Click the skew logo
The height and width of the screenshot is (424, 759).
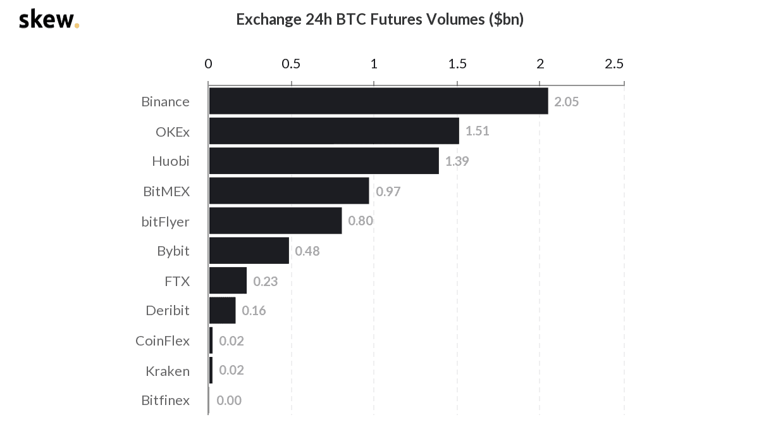pos(49,20)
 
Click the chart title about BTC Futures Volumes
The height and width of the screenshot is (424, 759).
pos(379,20)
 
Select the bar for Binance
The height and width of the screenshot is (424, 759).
pos(378,101)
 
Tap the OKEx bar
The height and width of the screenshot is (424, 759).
pos(334,131)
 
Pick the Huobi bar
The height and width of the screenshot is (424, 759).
pos(324,161)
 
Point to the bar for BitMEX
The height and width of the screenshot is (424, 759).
pos(289,190)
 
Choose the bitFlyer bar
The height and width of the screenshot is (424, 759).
pos(275,221)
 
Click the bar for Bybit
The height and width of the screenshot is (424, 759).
pos(249,251)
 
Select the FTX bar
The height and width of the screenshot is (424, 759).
pos(228,281)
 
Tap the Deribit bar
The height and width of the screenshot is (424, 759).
pos(222,311)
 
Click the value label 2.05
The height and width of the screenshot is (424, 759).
pos(566,102)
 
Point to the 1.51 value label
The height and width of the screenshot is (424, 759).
pos(477,132)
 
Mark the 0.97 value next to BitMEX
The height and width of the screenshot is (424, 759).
pos(388,191)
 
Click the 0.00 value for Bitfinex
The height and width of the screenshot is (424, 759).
pos(229,401)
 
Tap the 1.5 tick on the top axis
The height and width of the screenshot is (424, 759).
pos(457,64)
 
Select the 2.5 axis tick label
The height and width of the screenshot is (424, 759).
pos(614,64)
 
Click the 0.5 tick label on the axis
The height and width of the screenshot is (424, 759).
pos(291,64)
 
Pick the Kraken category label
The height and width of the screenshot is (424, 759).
pos(168,371)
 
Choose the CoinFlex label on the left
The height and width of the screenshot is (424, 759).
pos(163,341)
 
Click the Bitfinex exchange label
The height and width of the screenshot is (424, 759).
pos(165,401)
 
